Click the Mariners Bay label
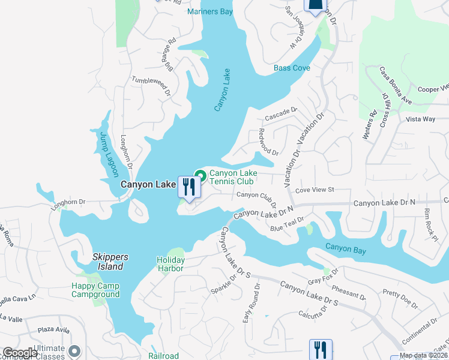(209, 12)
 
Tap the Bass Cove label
(292, 68)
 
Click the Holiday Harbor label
(170, 264)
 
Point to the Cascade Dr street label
(281, 111)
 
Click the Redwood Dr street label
(268, 142)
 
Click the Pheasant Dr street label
(348, 293)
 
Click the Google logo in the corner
(20, 353)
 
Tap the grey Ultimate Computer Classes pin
(74, 350)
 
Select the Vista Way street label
(420, 119)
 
